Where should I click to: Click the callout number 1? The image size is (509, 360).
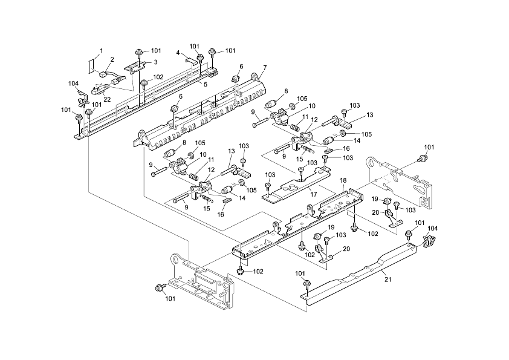[101, 51]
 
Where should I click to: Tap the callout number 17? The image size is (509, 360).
[313, 195]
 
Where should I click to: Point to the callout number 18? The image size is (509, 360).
[343, 181]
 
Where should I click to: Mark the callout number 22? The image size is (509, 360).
[106, 99]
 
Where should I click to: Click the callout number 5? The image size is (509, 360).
[205, 85]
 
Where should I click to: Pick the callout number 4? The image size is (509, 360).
[178, 53]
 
